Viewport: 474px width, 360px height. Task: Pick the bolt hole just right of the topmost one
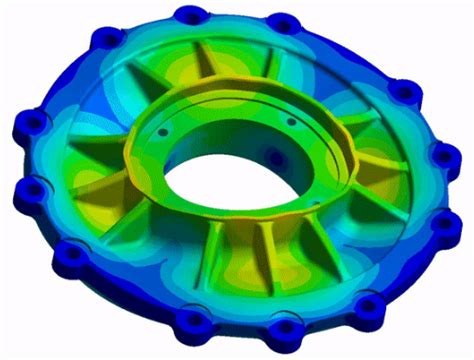tap(283, 23)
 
